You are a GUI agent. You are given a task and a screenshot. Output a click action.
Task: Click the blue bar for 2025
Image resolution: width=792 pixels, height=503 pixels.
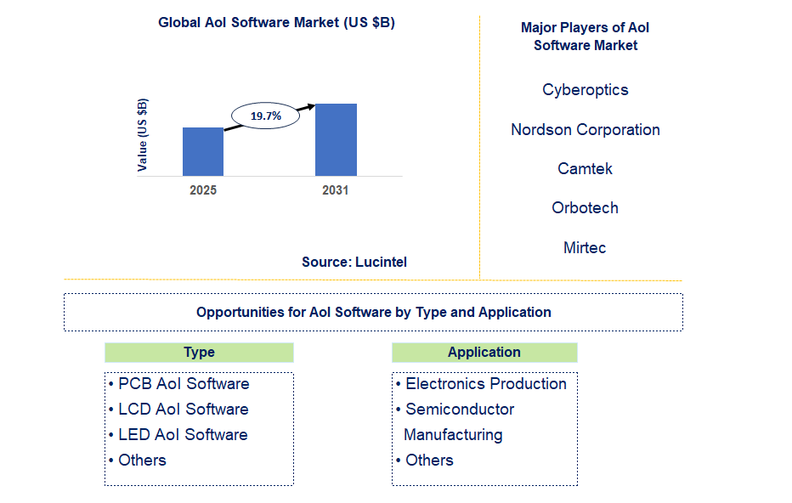203,151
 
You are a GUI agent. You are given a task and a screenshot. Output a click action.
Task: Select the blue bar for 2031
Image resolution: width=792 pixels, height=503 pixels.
336,139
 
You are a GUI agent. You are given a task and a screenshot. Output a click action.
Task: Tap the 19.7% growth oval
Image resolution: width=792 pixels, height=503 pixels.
265,116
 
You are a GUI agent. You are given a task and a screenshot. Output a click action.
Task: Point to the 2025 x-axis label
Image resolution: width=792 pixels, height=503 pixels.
203,190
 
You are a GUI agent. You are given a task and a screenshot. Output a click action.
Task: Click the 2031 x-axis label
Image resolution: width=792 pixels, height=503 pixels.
336,190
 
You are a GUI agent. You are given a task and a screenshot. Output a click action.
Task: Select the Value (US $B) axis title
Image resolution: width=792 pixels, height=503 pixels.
143,135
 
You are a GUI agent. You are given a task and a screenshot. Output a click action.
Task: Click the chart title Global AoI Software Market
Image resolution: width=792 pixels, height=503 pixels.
276,23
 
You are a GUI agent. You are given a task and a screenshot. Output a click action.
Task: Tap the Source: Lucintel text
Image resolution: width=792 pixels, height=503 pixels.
354,262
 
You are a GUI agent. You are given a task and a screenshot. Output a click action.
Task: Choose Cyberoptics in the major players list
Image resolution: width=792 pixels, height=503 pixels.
586,90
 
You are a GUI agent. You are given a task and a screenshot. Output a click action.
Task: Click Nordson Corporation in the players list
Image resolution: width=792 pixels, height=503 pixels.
586,130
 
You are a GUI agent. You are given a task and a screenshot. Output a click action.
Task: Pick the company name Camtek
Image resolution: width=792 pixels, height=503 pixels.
586,169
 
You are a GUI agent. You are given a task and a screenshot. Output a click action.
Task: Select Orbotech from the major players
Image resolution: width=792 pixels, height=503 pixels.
586,208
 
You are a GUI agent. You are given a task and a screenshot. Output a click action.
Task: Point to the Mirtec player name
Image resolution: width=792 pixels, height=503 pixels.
586,248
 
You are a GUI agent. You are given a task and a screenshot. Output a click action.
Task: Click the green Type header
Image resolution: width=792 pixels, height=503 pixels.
199,353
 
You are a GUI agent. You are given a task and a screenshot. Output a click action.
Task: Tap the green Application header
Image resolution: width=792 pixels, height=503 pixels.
484,353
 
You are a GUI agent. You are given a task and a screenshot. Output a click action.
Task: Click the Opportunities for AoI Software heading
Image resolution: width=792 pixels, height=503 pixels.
374,313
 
